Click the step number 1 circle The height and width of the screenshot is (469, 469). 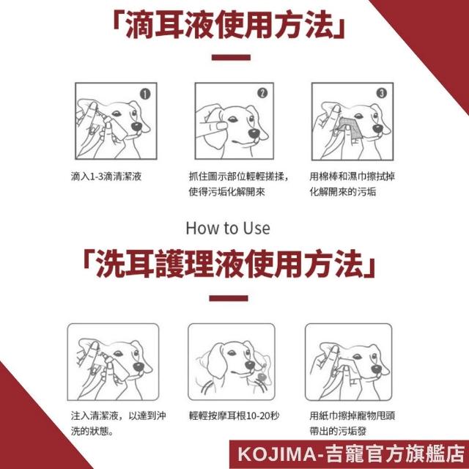point(145,95)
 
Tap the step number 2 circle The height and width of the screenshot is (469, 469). point(262,93)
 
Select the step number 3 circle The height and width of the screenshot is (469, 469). point(381,93)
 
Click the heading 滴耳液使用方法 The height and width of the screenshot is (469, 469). point(229,26)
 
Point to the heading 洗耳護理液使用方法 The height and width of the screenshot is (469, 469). point(229,264)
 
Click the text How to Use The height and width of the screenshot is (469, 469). point(228,228)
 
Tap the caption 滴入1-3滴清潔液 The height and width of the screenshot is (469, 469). point(106,177)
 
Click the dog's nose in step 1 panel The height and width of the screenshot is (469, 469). point(137,127)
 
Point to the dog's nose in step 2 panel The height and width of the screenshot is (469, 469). point(254,133)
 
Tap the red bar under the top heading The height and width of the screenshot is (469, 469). point(231,57)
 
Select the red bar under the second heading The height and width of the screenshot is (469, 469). point(229,298)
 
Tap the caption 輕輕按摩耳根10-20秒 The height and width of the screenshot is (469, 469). point(234,416)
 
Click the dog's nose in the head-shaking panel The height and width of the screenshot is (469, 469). point(250,365)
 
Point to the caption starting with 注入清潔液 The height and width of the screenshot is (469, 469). point(119,424)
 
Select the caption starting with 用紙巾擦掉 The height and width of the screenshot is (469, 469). point(352,424)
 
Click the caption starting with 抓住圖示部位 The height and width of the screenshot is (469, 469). point(240,184)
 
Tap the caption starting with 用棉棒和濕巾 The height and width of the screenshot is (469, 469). point(352,184)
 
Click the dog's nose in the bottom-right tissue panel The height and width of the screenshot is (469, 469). point(377,369)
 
